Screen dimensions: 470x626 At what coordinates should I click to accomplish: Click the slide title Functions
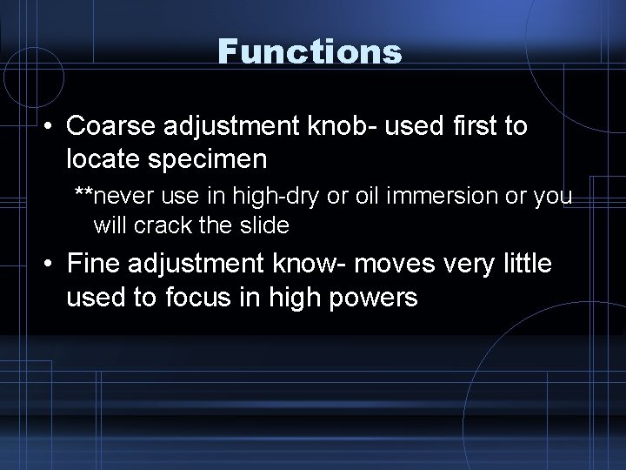click(x=310, y=51)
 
